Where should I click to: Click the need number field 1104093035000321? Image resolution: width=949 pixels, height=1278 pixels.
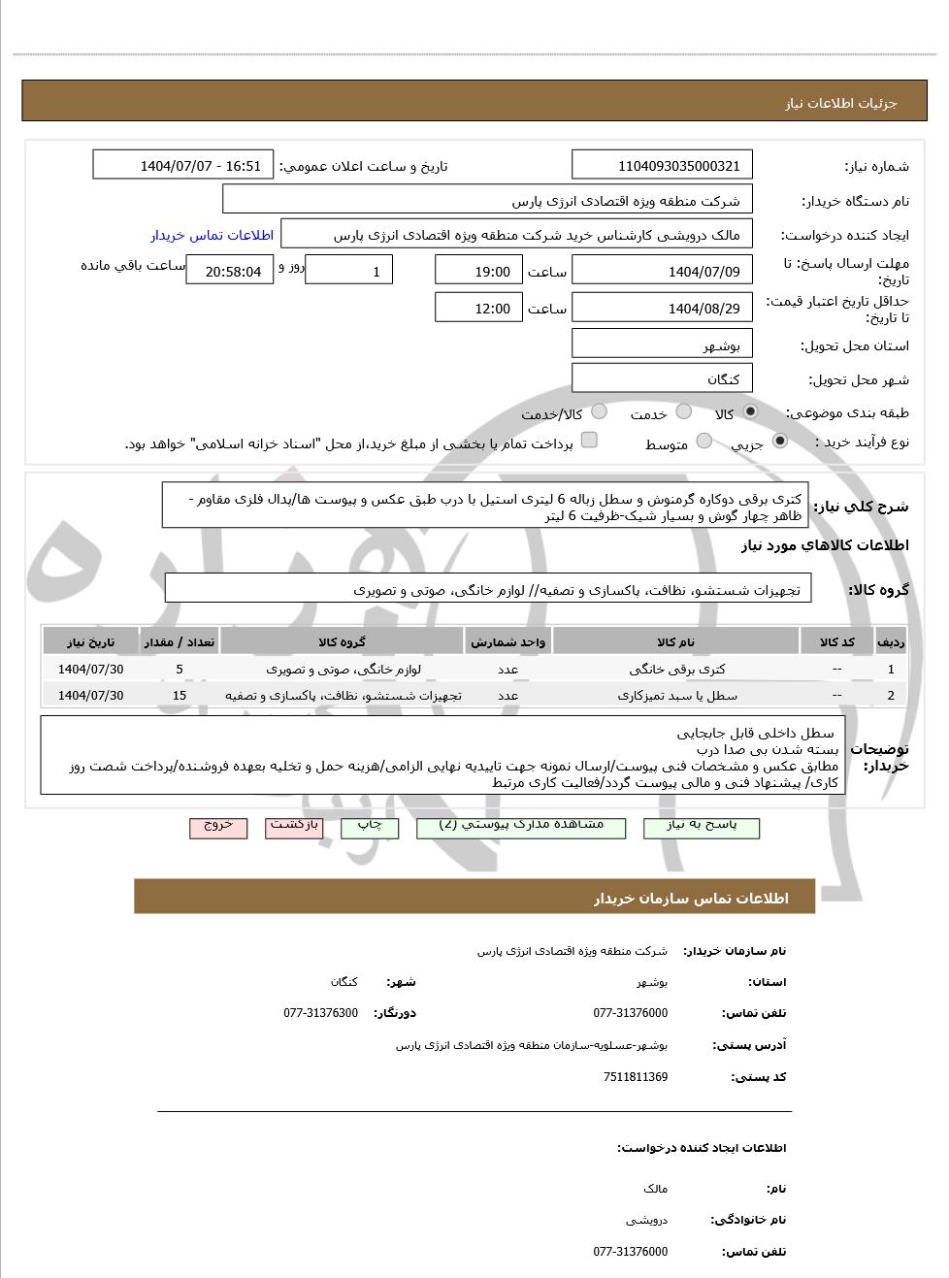[663, 166]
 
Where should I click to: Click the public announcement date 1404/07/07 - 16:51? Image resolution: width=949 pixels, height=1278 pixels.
[183, 166]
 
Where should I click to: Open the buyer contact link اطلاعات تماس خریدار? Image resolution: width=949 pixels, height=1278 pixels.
[212, 235]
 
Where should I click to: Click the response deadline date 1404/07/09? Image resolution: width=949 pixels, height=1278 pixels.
[663, 271]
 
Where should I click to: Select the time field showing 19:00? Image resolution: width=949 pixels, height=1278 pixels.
[478, 271]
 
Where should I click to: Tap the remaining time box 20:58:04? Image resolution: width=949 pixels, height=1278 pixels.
[230, 271]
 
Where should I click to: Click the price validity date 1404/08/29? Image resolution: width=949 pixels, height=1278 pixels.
[663, 309]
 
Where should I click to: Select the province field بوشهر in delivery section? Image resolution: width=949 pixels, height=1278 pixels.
[663, 345]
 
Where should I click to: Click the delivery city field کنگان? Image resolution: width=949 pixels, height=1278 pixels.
[663, 379]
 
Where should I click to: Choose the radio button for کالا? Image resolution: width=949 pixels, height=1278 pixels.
[750, 412]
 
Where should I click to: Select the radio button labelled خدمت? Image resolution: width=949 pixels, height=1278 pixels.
[683, 412]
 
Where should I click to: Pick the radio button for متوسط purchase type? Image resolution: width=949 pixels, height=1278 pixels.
[704, 442]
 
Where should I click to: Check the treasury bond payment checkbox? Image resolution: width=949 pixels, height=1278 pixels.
[588, 442]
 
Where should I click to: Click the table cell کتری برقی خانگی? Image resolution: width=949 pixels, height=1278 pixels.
[676, 669]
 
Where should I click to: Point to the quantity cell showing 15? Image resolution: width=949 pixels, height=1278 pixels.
[180, 695]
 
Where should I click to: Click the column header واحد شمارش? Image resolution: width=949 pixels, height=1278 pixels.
[507, 642]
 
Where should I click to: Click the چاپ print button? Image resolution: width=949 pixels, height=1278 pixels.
[370, 827]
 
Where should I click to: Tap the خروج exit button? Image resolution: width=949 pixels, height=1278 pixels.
[218, 827]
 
